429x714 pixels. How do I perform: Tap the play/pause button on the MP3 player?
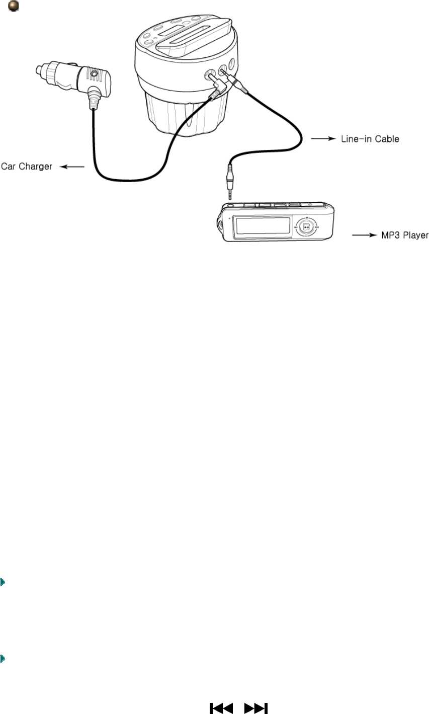pyautogui.click(x=307, y=227)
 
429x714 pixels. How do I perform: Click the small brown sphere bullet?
pyautogui.click(x=14, y=8)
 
